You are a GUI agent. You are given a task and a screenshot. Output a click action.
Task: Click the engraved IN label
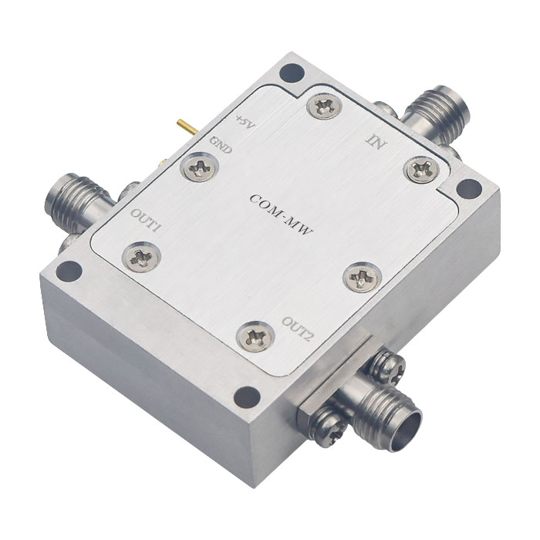pos(376,140)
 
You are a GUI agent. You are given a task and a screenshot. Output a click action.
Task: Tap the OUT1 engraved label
pos(145,221)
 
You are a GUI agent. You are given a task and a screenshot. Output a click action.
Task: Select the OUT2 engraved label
pos(297,329)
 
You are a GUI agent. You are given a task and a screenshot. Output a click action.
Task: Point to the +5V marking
pos(245,123)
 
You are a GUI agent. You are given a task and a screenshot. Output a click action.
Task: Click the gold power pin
pos(187,127)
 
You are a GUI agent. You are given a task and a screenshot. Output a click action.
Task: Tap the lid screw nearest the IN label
pos(422,168)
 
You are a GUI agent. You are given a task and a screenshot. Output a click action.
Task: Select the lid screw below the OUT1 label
pos(142,257)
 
